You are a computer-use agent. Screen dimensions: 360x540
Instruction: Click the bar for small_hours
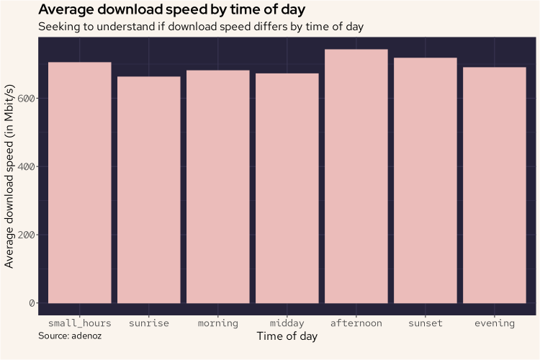80,183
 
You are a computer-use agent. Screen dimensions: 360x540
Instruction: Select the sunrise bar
149,190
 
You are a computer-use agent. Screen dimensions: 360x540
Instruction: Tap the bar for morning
218,186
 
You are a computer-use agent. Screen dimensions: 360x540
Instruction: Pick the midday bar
287,188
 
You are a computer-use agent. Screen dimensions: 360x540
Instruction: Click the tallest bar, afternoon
356,176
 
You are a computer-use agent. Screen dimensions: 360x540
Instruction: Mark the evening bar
495,185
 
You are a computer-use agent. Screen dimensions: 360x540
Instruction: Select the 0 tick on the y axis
31,303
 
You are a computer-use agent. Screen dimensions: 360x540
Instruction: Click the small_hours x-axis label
80,323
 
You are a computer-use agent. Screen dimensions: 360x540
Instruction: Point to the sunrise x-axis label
149,323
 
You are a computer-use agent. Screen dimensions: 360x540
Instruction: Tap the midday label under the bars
287,323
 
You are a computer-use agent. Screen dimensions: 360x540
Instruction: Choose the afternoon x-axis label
356,323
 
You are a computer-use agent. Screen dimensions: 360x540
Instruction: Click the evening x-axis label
495,323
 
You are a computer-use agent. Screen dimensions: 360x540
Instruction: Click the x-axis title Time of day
287,337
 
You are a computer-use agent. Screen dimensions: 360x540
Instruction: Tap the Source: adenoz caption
70,336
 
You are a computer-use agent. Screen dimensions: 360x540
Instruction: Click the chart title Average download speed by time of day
171,10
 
